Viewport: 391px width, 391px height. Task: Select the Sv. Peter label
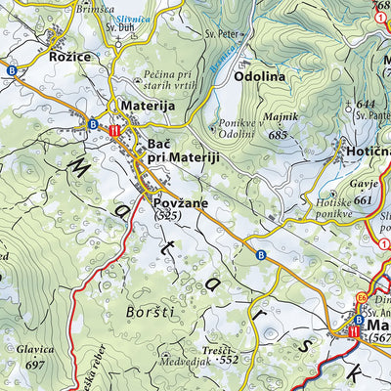(x=222, y=34)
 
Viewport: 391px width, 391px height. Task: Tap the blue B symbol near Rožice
(x=11, y=71)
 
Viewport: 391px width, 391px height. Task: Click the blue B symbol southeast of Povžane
(x=260, y=255)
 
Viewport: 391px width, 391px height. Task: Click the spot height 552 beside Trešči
(x=229, y=360)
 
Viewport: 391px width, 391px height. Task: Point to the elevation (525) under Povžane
(x=168, y=215)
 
